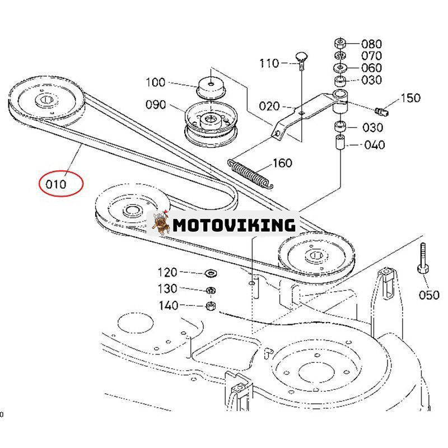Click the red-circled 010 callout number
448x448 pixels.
pos(60,184)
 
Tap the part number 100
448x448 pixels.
pos(155,83)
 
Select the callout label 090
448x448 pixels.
pos(155,105)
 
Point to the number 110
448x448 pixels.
pos(269,63)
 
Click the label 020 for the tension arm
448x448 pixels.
pos(269,106)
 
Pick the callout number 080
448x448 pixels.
pos(371,44)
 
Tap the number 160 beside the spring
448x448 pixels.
pos(282,163)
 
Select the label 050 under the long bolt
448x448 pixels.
pos(429,295)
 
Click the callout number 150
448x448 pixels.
pos(410,99)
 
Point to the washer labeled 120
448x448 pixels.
pos(212,273)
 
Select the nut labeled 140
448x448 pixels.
pos(212,306)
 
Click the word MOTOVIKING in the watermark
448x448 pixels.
pos(234,225)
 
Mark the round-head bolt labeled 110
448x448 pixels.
pos(300,60)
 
